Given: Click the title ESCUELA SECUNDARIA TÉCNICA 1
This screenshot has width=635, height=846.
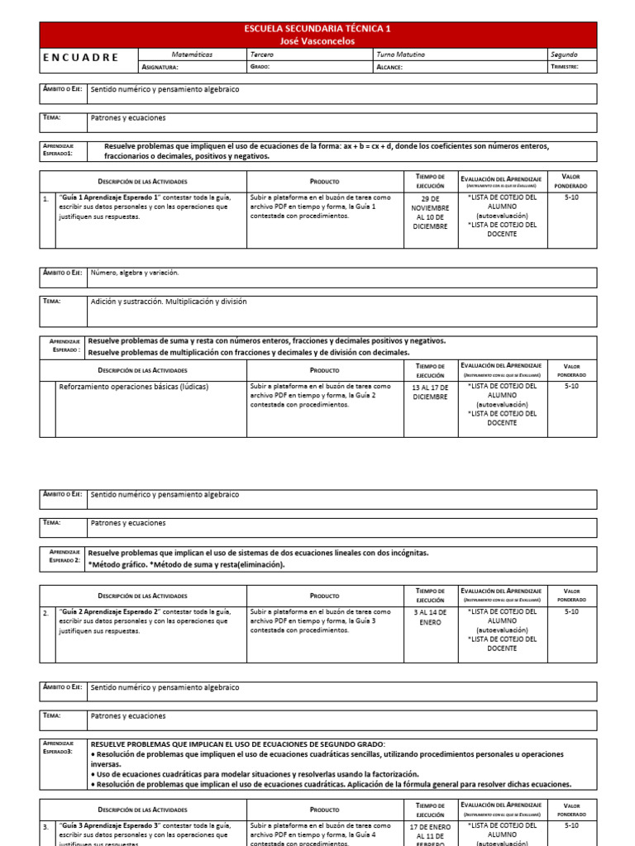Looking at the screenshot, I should tap(317, 28).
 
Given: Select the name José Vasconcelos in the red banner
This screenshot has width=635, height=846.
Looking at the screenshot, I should tap(317, 40).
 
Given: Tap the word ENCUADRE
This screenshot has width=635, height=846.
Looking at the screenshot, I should tap(80, 58).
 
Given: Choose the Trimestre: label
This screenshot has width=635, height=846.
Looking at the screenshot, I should tap(565, 67).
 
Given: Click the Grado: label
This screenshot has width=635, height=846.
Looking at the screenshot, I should tap(260, 67).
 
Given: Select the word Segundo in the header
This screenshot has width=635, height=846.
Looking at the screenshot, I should tap(564, 55).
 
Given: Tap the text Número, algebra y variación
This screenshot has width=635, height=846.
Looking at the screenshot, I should tap(134, 273).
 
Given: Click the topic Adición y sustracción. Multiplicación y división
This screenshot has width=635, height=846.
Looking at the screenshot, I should tap(169, 302).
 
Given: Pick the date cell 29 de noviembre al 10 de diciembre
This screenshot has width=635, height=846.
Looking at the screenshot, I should tap(430, 212).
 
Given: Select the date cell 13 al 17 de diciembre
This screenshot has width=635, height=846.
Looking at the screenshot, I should tap(430, 392).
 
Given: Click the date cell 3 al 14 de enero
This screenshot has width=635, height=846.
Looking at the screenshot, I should tap(430, 617).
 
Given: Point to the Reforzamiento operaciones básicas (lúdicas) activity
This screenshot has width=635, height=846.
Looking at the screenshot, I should tap(134, 387).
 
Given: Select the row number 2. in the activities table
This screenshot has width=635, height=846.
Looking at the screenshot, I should tap(46, 612).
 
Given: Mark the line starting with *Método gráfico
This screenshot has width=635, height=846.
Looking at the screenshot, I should tap(186, 565).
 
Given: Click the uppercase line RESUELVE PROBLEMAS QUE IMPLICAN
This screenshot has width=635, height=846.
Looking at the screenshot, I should tap(237, 744).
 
